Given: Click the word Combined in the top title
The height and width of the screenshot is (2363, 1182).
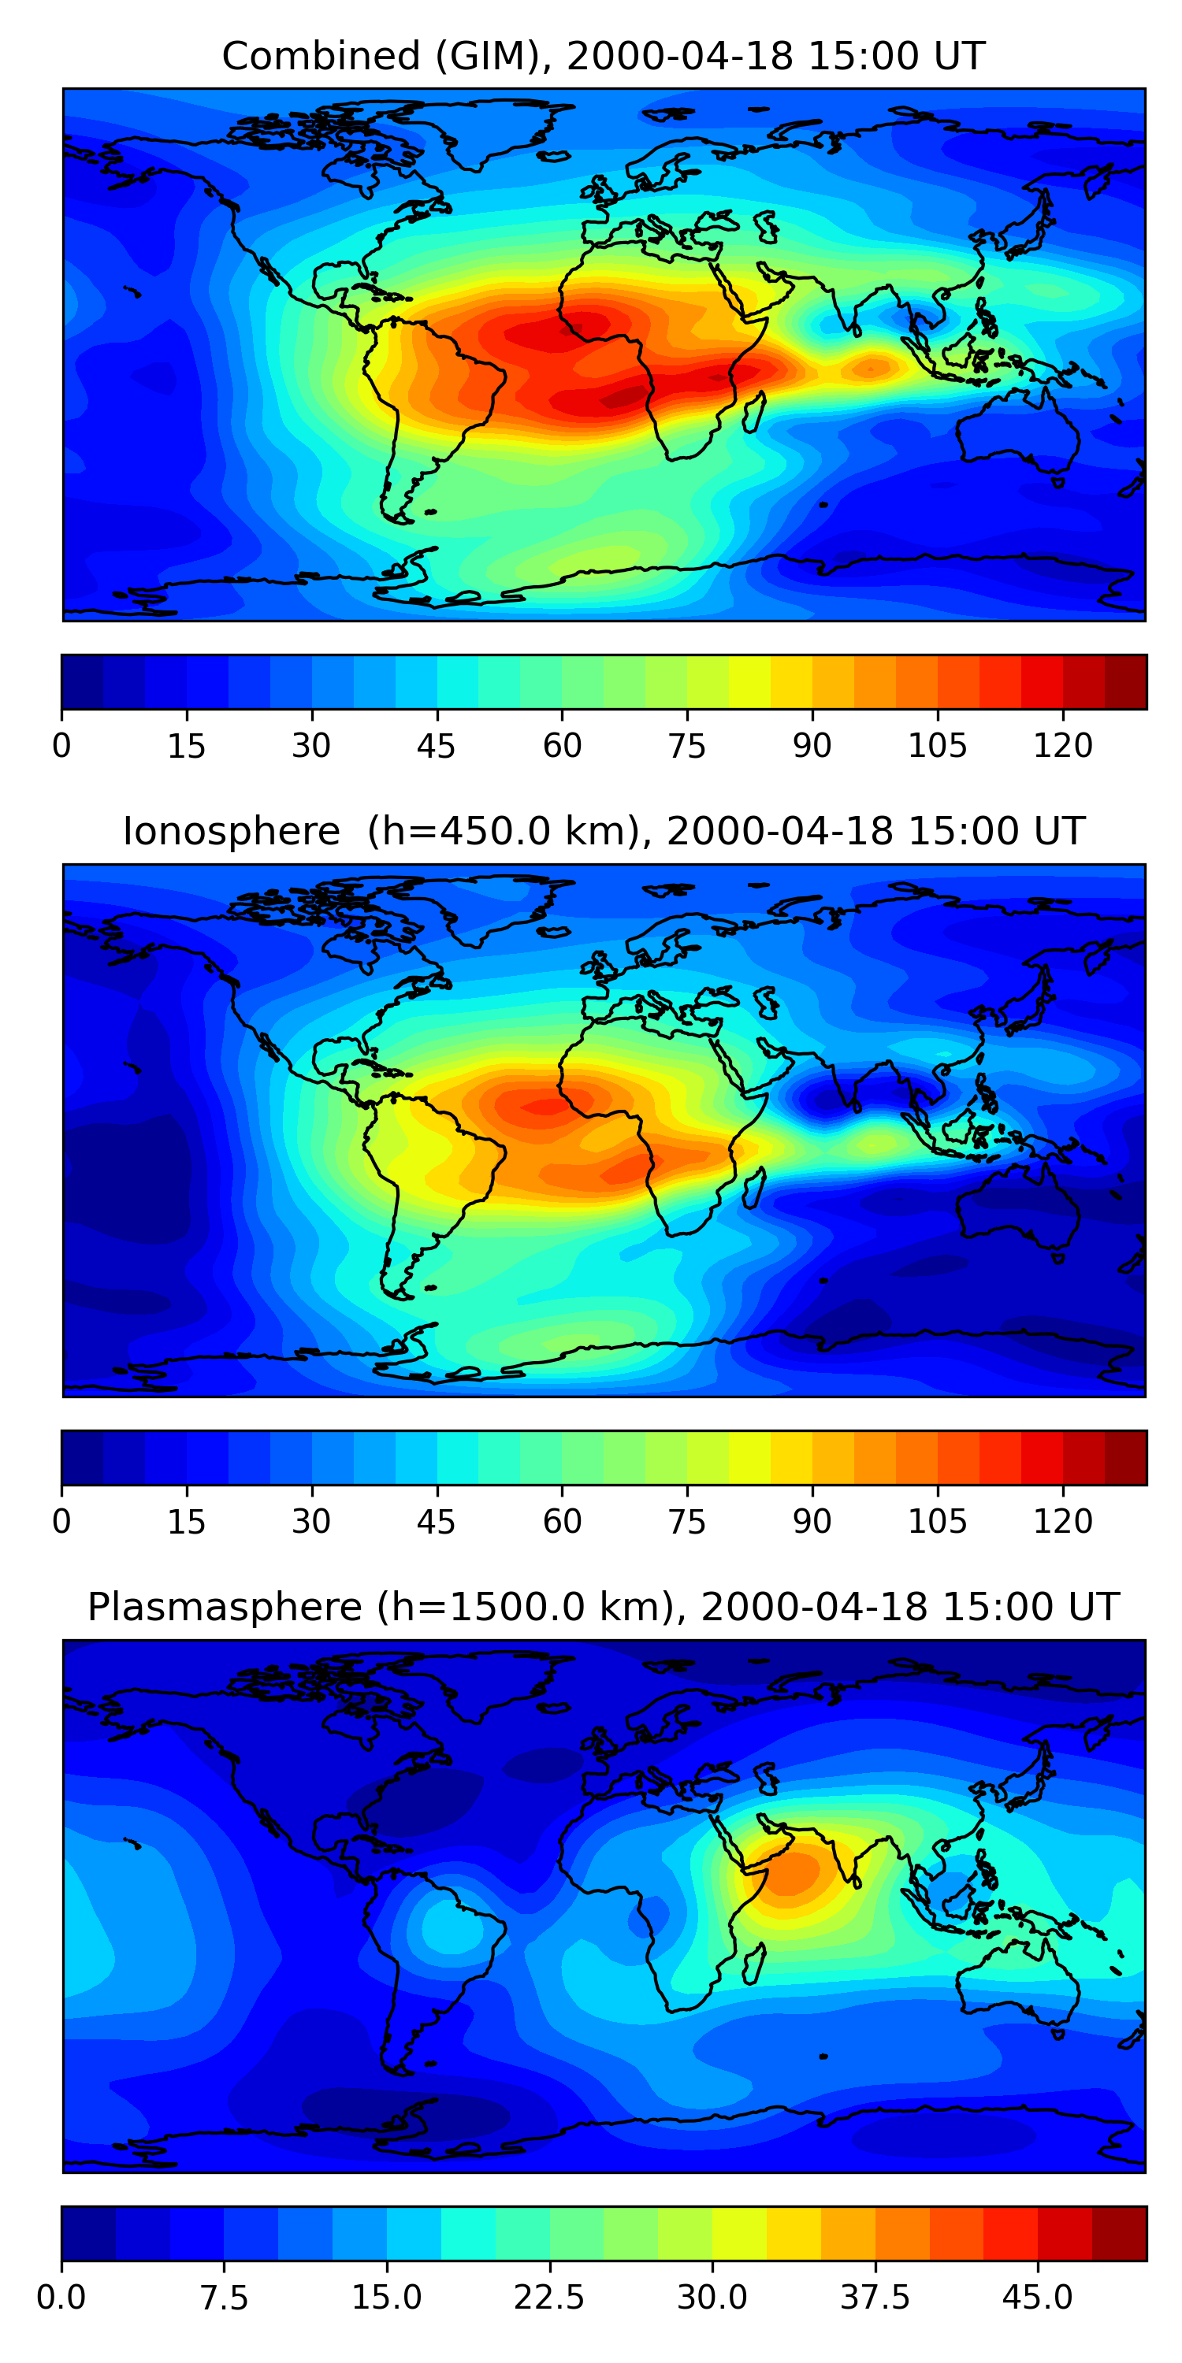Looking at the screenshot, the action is tap(322, 56).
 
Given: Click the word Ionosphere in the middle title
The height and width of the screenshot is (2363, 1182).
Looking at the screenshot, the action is tap(231, 831).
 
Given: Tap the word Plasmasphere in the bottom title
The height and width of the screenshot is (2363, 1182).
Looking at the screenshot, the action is tap(225, 1607).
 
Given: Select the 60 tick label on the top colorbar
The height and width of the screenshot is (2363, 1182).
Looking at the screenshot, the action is tap(562, 746).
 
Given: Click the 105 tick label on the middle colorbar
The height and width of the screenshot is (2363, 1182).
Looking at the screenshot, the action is tap(937, 1521).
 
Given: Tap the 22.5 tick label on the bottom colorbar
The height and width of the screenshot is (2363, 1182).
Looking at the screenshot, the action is tap(548, 2297).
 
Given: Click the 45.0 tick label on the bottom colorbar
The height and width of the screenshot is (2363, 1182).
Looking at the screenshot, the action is tap(1037, 2297).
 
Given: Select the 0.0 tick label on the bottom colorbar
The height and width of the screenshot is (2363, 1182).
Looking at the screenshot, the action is tap(61, 2297).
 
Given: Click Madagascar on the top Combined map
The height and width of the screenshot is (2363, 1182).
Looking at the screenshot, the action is tap(753, 412).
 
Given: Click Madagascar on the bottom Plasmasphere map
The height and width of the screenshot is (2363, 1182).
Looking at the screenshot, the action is tap(753, 1963).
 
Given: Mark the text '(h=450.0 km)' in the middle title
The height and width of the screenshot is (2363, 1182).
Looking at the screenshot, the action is tap(503, 832).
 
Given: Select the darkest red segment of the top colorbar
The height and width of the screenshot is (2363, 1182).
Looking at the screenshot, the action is tap(1125, 681).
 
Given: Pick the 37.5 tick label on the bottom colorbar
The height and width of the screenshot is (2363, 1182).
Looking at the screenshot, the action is tap(875, 2297).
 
